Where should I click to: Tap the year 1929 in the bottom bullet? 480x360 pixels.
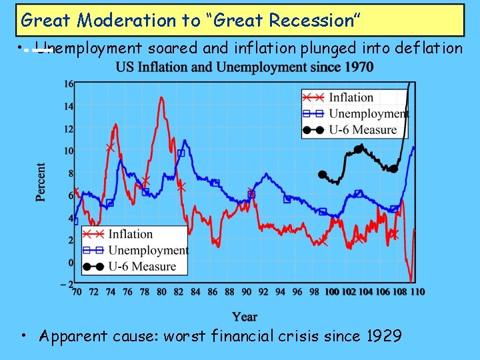click(384, 336)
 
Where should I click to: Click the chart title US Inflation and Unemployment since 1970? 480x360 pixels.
click(244, 67)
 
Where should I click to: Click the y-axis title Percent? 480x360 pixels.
click(41, 182)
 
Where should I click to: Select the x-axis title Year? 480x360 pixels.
click(245, 317)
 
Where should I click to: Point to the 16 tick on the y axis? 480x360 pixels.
click(69, 84)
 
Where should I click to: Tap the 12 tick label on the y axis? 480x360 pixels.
click(69, 129)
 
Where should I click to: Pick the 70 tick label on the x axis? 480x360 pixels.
click(77, 292)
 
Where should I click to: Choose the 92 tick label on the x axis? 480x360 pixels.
click(263, 292)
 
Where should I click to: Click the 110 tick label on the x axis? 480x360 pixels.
click(417, 292)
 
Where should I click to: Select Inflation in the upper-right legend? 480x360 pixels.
click(351, 98)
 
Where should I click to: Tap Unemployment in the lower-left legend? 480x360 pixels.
click(148, 251)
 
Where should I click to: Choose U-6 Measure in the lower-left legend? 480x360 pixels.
click(142, 267)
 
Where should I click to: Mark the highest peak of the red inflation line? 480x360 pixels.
click(161, 98)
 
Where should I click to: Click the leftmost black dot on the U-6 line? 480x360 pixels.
click(323, 175)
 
